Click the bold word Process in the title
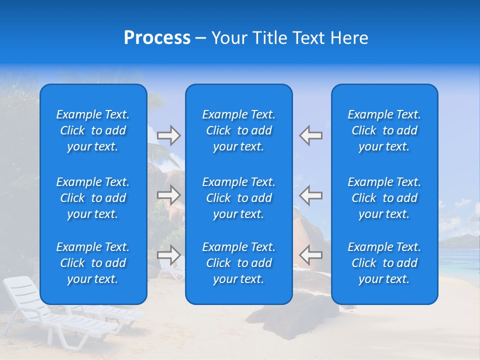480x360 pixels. (157, 38)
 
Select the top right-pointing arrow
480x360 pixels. (168, 135)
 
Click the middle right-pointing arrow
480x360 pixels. (168, 195)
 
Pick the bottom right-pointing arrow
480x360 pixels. (168, 255)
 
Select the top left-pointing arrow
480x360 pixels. (311, 135)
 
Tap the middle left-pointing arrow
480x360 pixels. (311, 195)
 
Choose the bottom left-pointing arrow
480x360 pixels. (311, 255)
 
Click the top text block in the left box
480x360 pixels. (93, 130)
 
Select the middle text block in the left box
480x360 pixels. (93, 198)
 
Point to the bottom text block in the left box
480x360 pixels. (93, 263)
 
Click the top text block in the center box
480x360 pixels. (239, 130)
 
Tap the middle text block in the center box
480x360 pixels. (239, 198)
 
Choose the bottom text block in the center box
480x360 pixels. (239, 263)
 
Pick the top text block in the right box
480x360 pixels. (384, 130)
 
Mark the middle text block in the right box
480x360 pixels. (384, 198)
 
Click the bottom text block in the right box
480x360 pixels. (384, 263)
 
